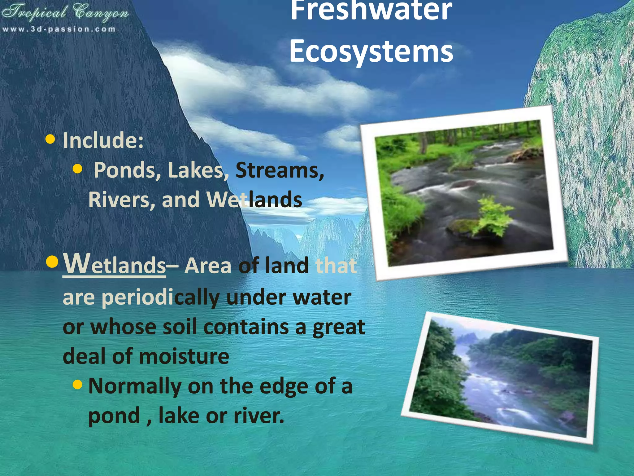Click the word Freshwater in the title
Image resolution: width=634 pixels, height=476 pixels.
tap(371, 11)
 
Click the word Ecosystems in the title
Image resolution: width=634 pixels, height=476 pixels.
tap(371, 51)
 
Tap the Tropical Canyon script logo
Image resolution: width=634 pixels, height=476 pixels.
tap(65, 12)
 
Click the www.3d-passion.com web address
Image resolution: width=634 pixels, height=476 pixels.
tap(59, 29)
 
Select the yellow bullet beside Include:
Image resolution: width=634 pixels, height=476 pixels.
tap(50, 139)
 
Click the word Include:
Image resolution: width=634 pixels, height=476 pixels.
tap(103, 140)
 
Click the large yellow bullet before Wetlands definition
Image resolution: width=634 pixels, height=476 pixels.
tap(52, 262)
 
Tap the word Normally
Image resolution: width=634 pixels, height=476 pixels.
tap(135, 386)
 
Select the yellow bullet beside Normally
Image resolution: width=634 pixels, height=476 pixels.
tap(77, 385)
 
